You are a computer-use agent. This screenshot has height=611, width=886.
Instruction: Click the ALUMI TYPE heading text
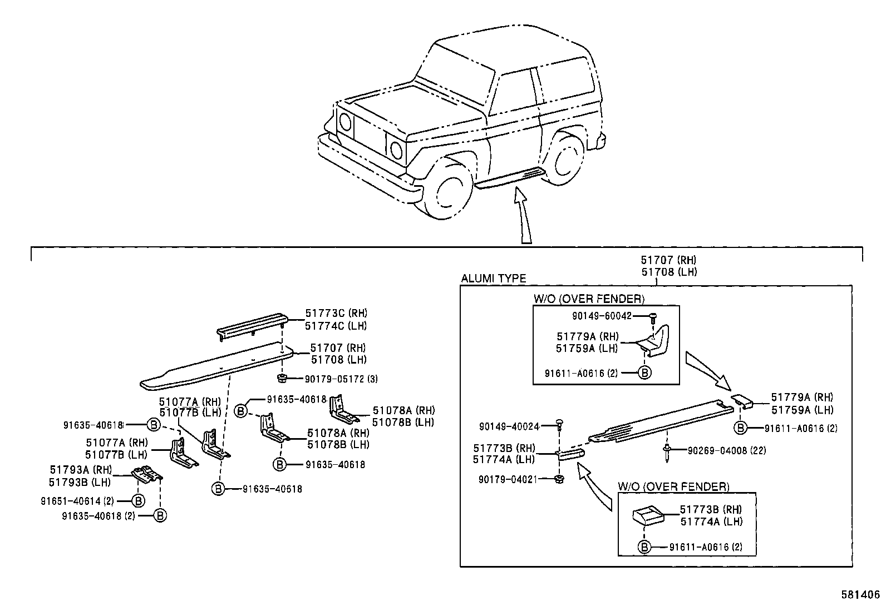(493, 279)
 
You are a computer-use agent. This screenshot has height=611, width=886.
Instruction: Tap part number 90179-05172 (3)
(341, 379)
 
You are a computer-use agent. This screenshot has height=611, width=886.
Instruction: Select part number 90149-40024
(509, 426)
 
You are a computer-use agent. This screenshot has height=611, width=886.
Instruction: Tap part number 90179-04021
(508, 479)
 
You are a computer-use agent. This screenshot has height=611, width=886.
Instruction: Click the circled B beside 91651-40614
(138, 501)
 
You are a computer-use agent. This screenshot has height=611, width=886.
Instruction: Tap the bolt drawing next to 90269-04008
(666, 451)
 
